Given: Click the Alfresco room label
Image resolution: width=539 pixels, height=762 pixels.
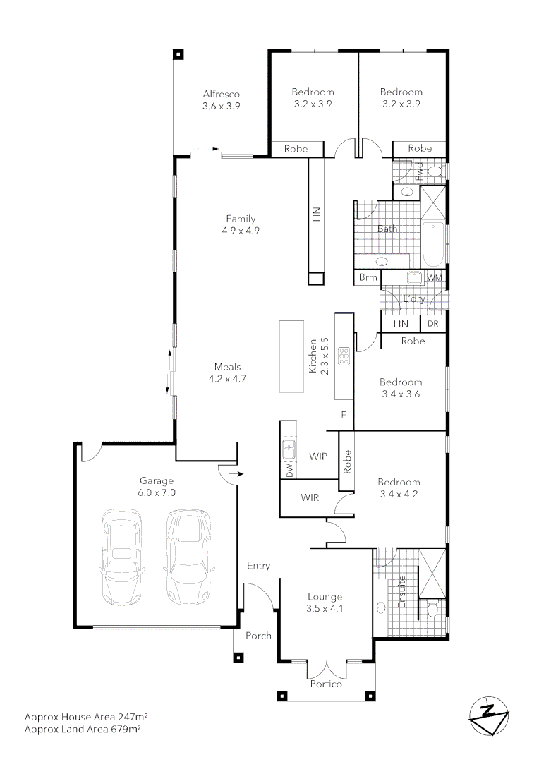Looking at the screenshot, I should coord(222,94).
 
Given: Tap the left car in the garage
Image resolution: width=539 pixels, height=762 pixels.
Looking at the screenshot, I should coord(123,555).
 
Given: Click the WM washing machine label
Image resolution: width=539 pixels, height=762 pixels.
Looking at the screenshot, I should coord(435,278).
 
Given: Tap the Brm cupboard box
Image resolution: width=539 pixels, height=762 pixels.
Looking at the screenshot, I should coord(368,278).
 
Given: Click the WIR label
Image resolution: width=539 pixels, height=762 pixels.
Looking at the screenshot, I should coord(310,497).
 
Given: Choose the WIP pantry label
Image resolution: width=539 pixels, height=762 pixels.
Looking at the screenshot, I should coord(319,456).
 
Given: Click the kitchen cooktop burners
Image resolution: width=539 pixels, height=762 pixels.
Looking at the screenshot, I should coord(345,356).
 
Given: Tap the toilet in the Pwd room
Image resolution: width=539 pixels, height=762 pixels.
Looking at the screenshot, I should coord(435,171).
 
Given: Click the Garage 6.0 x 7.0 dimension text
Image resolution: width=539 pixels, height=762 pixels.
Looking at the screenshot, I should coord(157,492).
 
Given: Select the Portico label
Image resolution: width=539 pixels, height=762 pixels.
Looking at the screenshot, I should coord(326,684).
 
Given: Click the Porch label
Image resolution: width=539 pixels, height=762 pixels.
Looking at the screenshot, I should coord(258,636).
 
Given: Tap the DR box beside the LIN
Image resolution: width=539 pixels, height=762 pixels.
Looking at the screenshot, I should coord(433,323).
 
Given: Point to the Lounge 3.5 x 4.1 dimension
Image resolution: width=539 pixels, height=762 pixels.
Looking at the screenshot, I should coord(325,608).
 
